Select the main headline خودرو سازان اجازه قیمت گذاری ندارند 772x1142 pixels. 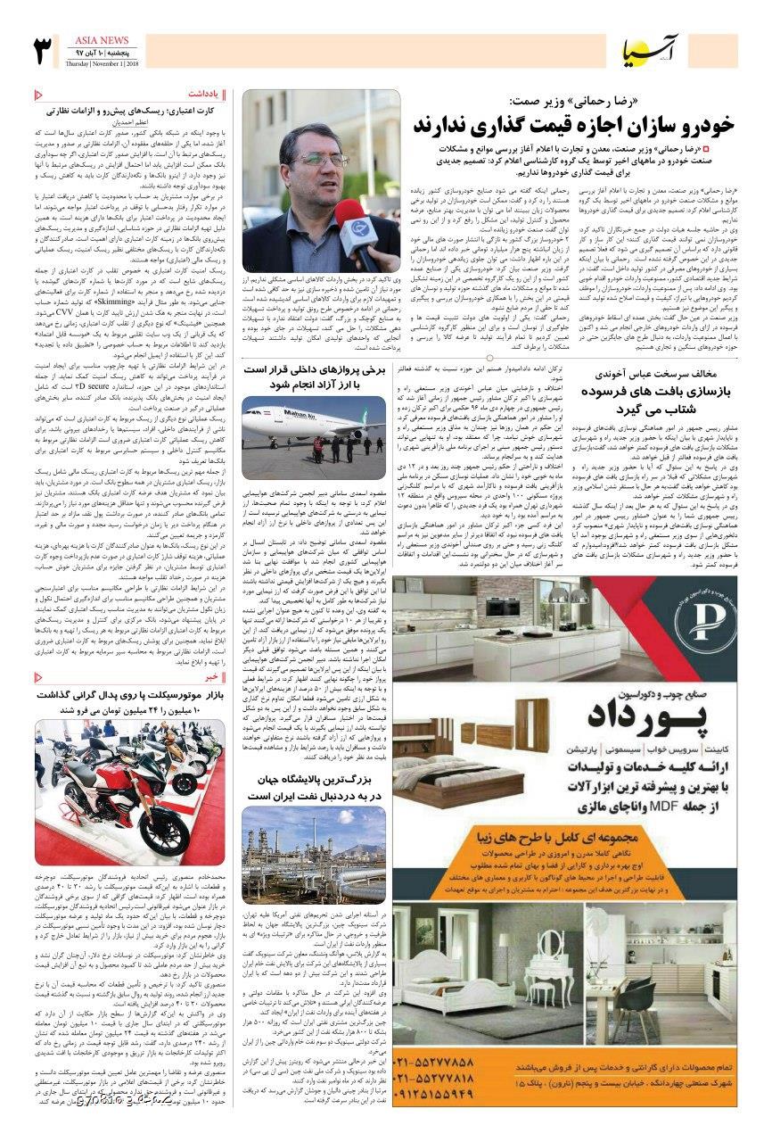coord(573,123)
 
